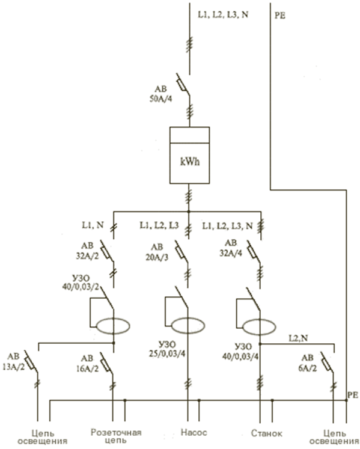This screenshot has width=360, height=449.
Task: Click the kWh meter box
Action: coord(189,155)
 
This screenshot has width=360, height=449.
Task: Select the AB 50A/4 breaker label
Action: coord(161,94)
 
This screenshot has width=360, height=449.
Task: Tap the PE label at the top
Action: coord(280,16)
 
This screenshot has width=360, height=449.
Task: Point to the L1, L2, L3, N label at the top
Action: coord(223,15)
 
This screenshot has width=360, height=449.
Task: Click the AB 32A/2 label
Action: coord(87,251)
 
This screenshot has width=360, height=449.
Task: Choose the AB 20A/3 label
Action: coord(157,252)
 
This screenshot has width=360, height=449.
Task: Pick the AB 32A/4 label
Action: coord(231,248)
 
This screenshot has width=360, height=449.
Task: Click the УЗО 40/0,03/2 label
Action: coord(81,283)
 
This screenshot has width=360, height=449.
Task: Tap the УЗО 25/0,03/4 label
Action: coord(167,349)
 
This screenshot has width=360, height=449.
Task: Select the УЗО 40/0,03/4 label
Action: coord(240,352)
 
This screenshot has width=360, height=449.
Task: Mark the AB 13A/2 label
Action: coord(14,361)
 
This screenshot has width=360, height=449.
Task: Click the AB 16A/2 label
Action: coord(87,364)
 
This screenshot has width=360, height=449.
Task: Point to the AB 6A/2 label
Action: coord(308,363)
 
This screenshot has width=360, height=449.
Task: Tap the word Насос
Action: coord(194,432)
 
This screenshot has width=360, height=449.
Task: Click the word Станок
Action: coord(267,433)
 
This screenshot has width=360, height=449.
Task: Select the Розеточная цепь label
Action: coord(116,436)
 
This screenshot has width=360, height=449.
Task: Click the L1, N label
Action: coord(93,225)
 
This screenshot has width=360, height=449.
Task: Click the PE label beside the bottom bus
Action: coord(353,395)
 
